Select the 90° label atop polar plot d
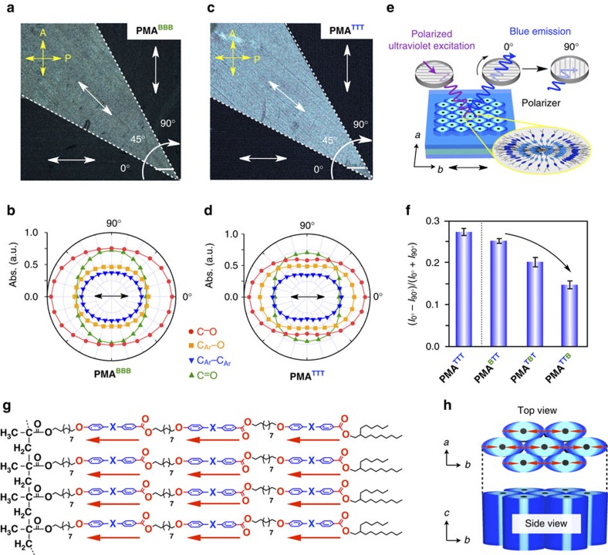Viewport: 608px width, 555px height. (x=308, y=224)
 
